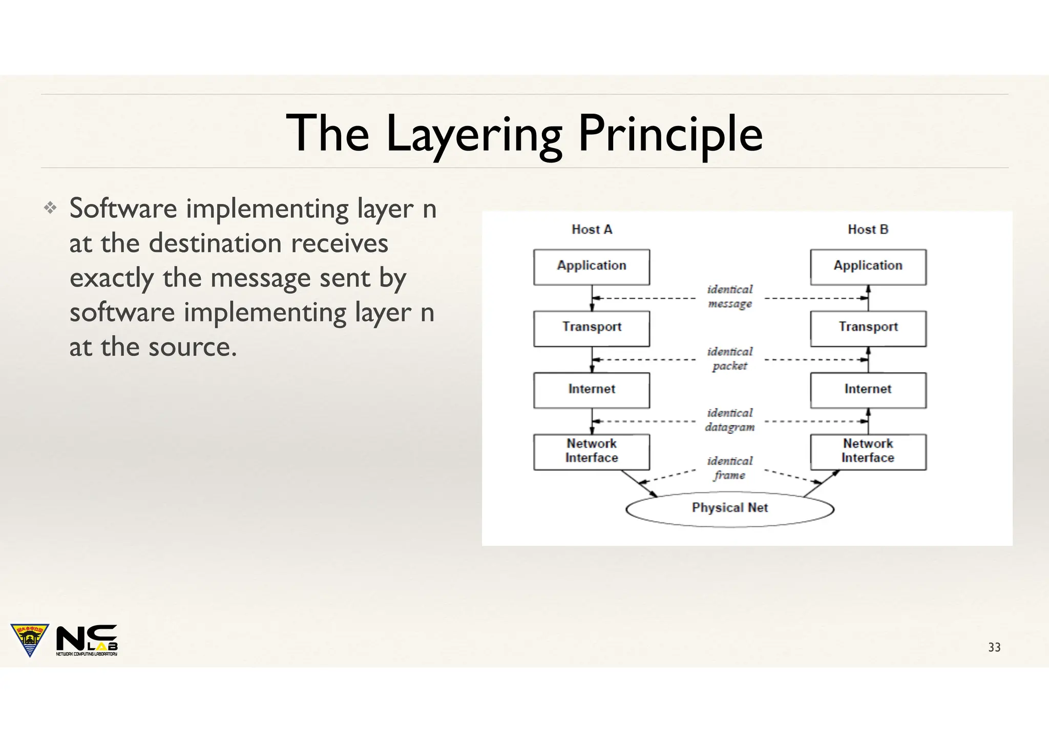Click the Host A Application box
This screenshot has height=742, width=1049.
[591, 267]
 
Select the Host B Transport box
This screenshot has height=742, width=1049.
[868, 328]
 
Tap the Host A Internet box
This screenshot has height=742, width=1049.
[591, 390]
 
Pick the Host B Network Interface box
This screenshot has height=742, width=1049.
[868, 451]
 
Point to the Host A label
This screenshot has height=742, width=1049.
[592, 230]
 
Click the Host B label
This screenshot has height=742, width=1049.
[868, 230]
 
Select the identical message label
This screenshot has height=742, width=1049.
[729, 297]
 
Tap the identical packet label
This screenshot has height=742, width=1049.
[729, 359]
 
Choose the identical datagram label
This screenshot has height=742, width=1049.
[729, 420]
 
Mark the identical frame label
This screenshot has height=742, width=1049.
[729, 468]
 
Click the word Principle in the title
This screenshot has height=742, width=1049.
[670, 134]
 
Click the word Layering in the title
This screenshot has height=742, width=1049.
[474, 134]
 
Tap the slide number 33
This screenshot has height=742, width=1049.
[994, 647]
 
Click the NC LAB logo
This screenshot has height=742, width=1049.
[87, 640]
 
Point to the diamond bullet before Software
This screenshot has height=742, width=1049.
[50, 208]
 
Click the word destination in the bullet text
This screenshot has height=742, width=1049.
[215, 243]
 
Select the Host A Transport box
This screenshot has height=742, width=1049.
[591, 328]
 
